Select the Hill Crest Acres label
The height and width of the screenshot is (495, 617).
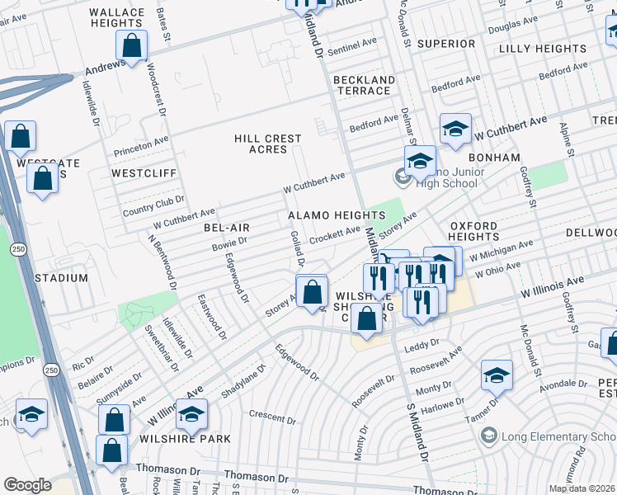pyautogui.click(x=268, y=144)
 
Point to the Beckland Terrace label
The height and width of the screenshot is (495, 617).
pyautogui.click(x=364, y=87)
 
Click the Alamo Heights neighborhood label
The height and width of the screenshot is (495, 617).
pyautogui.click(x=337, y=215)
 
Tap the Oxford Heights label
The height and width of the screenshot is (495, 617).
pyautogui.click(x=473, y=231)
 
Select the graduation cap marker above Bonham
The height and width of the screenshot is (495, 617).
pyautogui.click(x=455, y=130)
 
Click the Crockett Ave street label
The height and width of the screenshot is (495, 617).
pyautogui.click(x=334, y=235)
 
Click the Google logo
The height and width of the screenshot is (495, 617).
pyautogui.click(x=27, y=485)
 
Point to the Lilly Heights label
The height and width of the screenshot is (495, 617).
pyautogui.click(x=543, y=49)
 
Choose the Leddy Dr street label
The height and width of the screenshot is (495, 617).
pyautogui.click(x=422, y=345)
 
